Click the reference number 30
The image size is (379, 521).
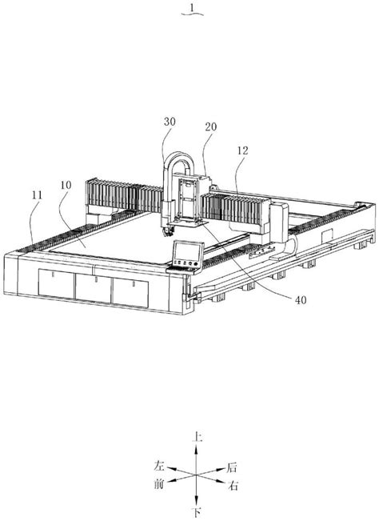(170, 122)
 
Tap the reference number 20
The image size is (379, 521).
(211, 127)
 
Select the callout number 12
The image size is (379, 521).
(242, 150)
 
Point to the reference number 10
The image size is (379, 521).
(66, 185)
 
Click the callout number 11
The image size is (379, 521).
(37, 195)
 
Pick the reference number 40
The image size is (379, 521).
(301, 300)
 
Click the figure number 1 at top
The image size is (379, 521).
(192, 8)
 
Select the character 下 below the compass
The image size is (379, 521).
(197, 512)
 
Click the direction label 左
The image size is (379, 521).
(159, 466)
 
